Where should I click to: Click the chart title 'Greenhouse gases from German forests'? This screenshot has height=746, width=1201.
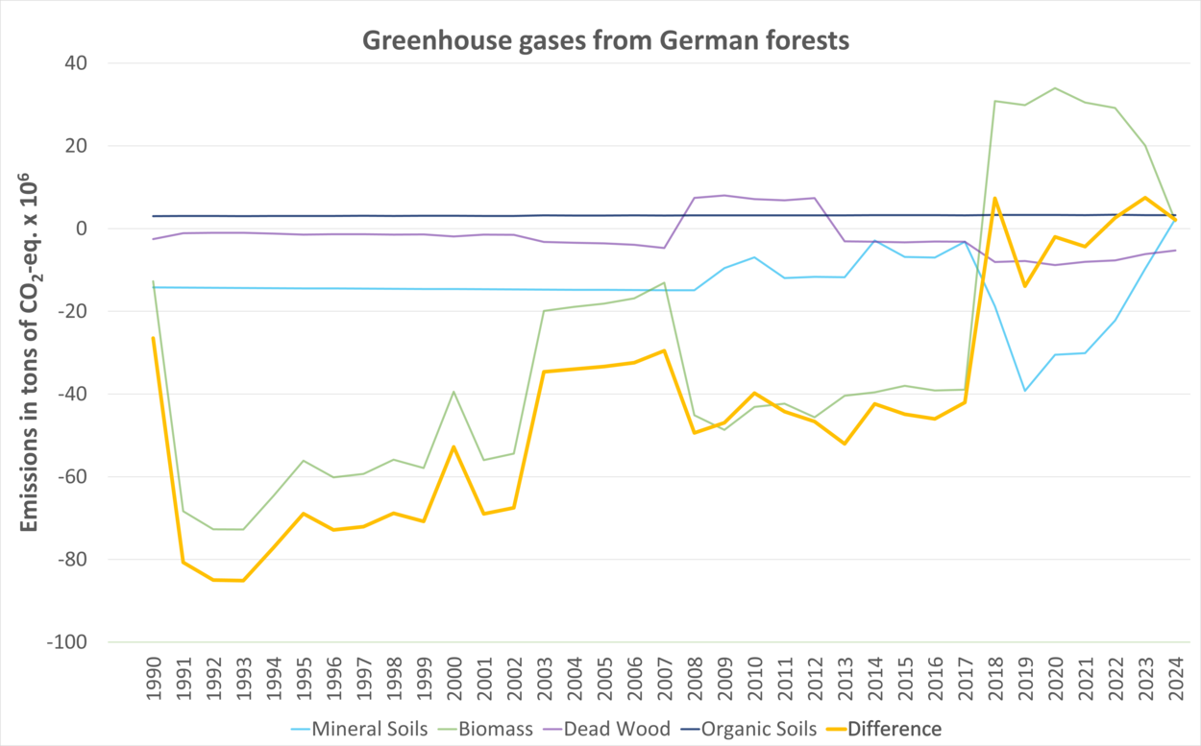(605, 41)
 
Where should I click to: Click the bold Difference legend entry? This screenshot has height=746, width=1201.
(894, 729)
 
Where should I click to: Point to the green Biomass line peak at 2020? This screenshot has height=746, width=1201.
(1055, 88)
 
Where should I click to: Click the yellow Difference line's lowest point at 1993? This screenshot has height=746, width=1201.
(243, 580)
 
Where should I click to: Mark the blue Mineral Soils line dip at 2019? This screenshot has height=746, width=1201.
(1025, 391)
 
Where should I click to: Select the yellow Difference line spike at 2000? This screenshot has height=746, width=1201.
(453, 446)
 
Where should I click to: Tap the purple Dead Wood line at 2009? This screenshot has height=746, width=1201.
(723, 196)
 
